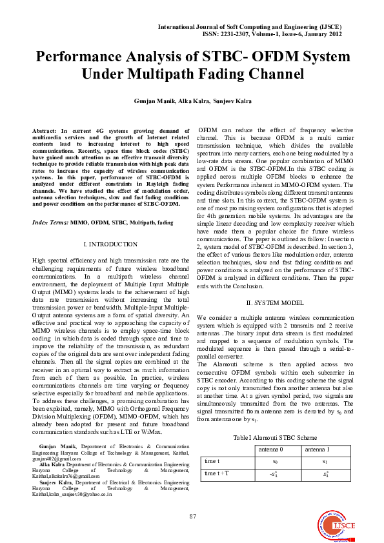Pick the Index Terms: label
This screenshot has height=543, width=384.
(x=50, y=222)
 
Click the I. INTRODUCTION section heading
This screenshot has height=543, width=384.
(x=110, y=244)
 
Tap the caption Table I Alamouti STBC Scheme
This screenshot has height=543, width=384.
(x=275, y=437)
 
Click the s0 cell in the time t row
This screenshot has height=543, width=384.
(x=276, y=461)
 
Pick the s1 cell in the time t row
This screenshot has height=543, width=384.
(x=326, y=461)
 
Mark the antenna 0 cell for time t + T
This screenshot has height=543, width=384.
(x=276, y=474)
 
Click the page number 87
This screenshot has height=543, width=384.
(x=192, y=516)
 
